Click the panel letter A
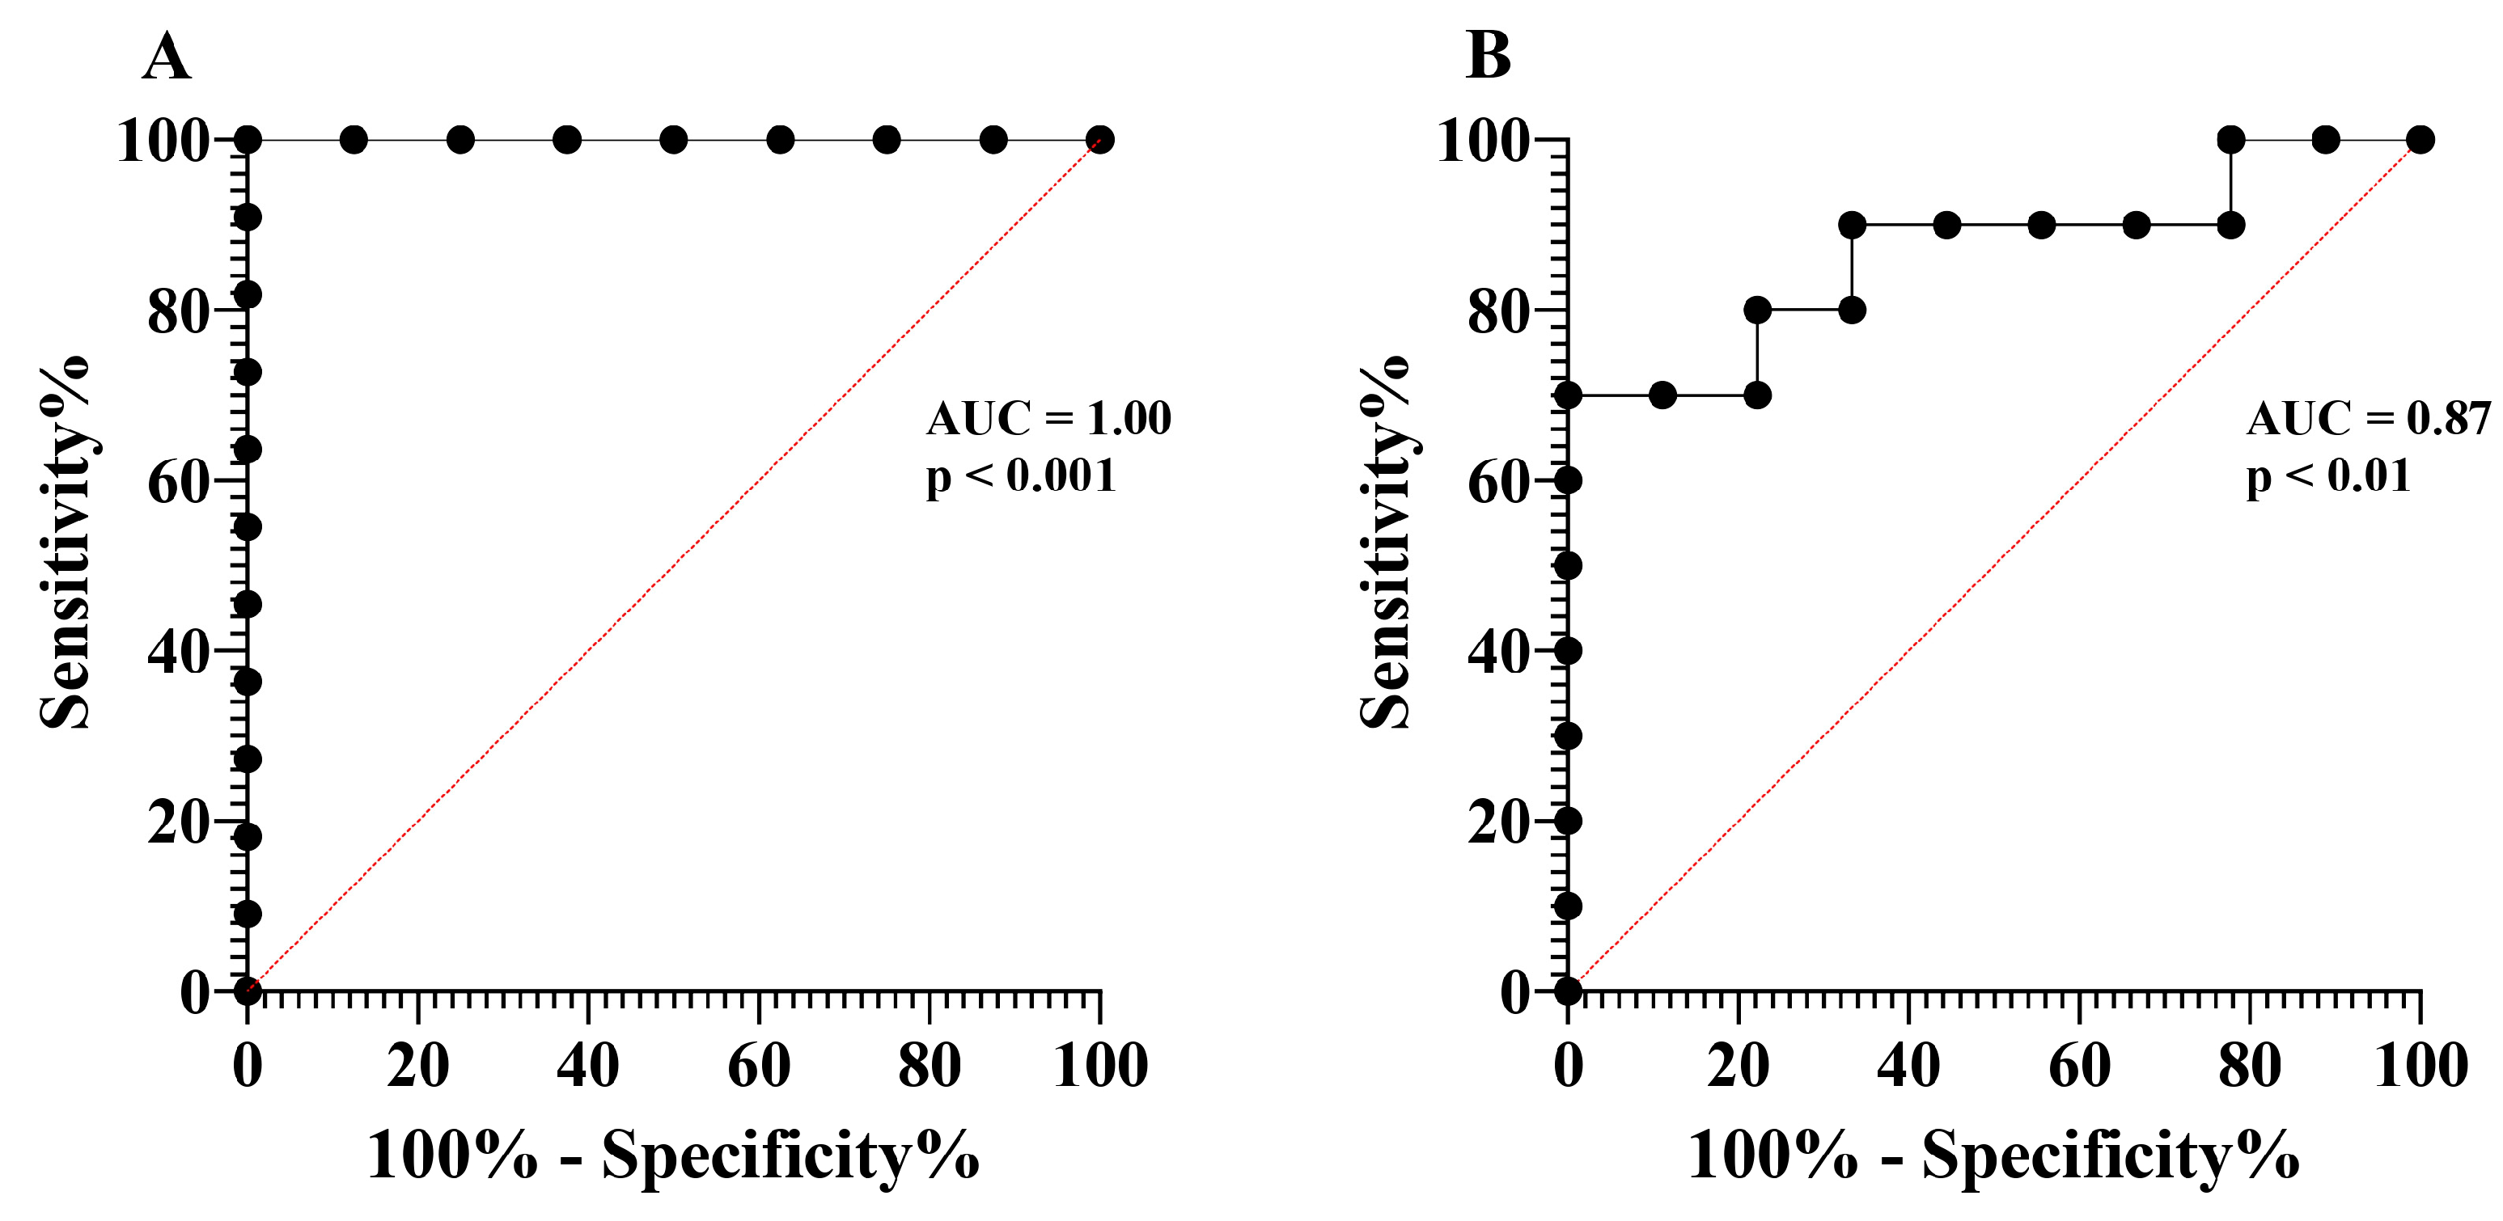pos(166,57)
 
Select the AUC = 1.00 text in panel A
pos(1048,419)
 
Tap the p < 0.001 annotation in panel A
pos(1020,476)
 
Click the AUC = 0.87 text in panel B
pos(2368,419)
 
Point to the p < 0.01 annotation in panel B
pos(2328,476)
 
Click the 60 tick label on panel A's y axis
pos(178,482)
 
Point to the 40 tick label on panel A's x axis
pos(588,1065)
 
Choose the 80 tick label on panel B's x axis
pos(2250,1065)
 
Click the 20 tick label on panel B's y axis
pos(1498,822)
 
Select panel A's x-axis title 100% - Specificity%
pos(672,1156)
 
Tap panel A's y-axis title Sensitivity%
pos(64,541)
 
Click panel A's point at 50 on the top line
pos(673,140)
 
